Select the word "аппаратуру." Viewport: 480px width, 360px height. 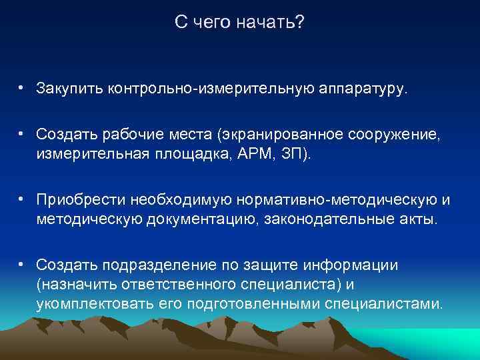(363, 88)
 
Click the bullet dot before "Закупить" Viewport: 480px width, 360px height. (22, 87)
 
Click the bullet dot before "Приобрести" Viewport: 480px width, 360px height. (22, 199)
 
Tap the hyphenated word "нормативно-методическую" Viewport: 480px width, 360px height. (323, 199)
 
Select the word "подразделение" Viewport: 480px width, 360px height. (150, 265)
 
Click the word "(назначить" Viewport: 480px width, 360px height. (77, 285)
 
